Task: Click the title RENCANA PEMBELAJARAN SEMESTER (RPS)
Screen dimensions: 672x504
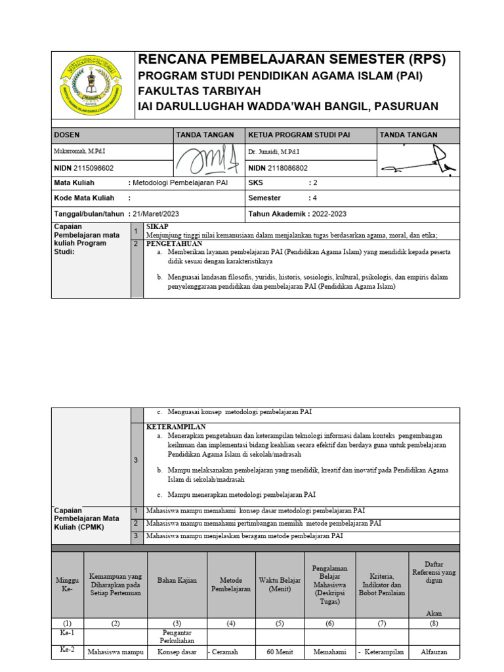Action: (x=291, y=60)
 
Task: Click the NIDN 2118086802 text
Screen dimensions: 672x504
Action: (x=278, y=168)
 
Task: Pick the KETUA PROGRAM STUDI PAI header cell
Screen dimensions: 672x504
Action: (x=299, y=135)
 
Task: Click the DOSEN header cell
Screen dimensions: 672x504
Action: (x=67, y=135)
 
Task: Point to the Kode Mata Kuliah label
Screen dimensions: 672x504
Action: (x=84, y=198)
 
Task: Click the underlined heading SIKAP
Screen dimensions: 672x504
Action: (x=158, y=226)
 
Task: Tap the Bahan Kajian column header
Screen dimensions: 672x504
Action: (x=177, y=580)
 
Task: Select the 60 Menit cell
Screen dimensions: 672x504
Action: (x=280, y=652)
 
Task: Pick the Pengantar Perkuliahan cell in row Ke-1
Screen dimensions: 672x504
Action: (x=177, y=637)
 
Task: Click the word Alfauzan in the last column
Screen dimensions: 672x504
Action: (x=433, y=652)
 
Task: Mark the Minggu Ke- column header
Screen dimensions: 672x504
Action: (x=67, y=584)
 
